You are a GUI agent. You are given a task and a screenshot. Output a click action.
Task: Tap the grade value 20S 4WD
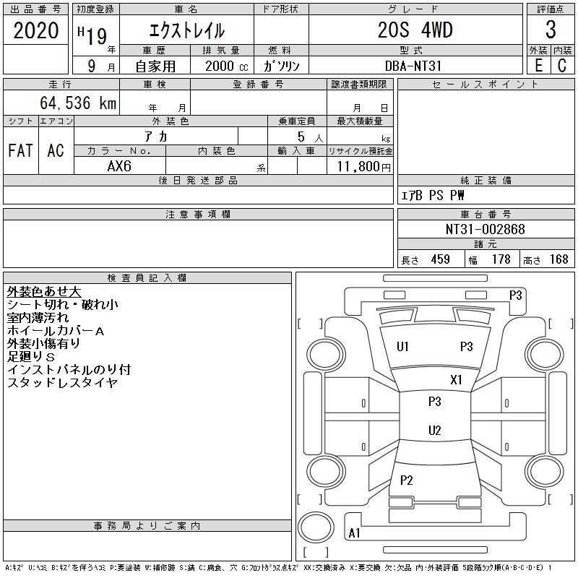(415, 30)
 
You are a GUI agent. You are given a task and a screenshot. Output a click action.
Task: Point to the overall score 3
(551, 30)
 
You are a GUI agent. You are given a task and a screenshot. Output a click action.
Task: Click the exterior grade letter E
(538, 64)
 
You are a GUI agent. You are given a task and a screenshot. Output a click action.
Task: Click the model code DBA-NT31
(415, 65)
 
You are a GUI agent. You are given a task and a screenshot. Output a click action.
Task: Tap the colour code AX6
(120, 166)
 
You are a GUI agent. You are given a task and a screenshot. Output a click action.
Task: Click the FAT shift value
(20, 151)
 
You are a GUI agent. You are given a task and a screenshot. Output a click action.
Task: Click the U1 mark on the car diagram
(402, 347)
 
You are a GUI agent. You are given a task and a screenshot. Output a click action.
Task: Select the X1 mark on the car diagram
(456, 380)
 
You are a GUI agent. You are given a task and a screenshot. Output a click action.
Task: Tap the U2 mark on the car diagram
(434, 431)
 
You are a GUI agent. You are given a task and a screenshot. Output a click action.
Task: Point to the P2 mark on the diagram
(407, 480)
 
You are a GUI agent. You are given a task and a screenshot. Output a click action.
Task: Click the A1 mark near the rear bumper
(354, 533)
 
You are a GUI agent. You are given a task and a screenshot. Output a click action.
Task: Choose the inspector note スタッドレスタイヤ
(62, 383)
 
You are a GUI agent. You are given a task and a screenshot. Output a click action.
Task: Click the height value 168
(559, 259)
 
